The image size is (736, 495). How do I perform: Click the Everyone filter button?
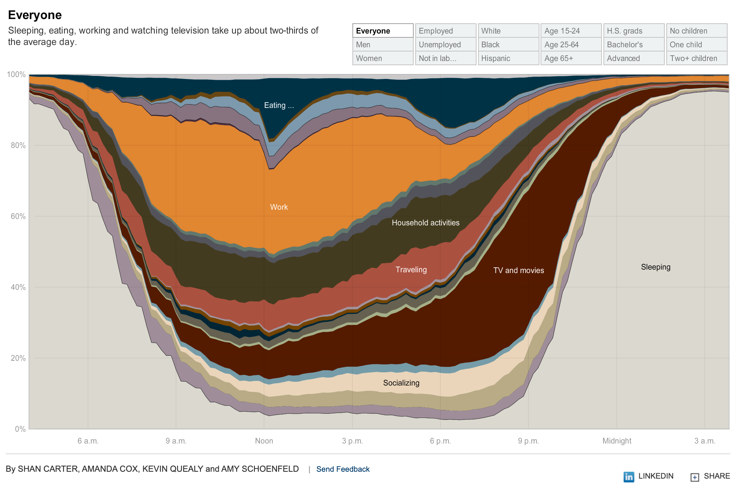382,31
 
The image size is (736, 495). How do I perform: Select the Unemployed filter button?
445,45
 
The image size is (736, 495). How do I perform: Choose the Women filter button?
382,58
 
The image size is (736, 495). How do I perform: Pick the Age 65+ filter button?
571,58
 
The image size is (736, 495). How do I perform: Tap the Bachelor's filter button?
634,45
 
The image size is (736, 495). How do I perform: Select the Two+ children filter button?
696,58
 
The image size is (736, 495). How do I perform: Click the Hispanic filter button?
508,58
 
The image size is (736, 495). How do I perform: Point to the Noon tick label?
264,441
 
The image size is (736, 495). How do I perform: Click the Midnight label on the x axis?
617,441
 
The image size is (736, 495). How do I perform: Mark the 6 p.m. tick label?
440,441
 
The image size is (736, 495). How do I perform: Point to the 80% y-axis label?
18,145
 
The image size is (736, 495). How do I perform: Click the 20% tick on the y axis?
18,358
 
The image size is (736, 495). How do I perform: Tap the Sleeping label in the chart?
656,267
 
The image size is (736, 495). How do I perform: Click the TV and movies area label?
518,270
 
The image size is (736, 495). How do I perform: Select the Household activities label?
426,223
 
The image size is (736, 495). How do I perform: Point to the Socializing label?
401,383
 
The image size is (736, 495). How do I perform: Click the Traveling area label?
411,270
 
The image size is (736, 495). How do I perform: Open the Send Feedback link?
343,469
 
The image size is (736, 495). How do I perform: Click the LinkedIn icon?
629,477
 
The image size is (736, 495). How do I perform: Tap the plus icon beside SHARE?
695,477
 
